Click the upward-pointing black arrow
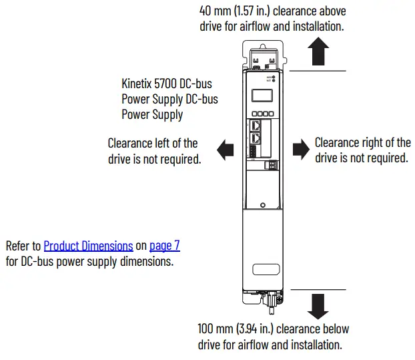[x=320, y=51]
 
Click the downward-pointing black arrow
[x=320, y=305]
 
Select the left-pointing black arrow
[x=226, y=150]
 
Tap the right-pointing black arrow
[x=302, y=150]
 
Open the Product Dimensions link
[x=88, y=246]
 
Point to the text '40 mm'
[x=214, y=11]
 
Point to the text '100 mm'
[x=214, y=329]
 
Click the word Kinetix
[x=137, y=85]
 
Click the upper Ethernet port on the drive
[x=256, y=124]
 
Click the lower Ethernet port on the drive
[x=256, y=138]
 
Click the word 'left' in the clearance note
[x=169, y=143]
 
